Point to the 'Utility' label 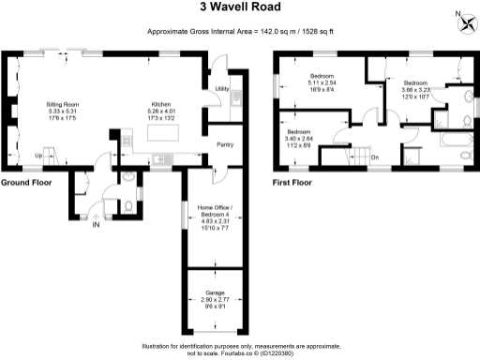(x=222, y=88)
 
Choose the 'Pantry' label (x=225, y=145)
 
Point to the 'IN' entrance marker (x=96, y=225)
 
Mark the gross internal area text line (x=239, y=32)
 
